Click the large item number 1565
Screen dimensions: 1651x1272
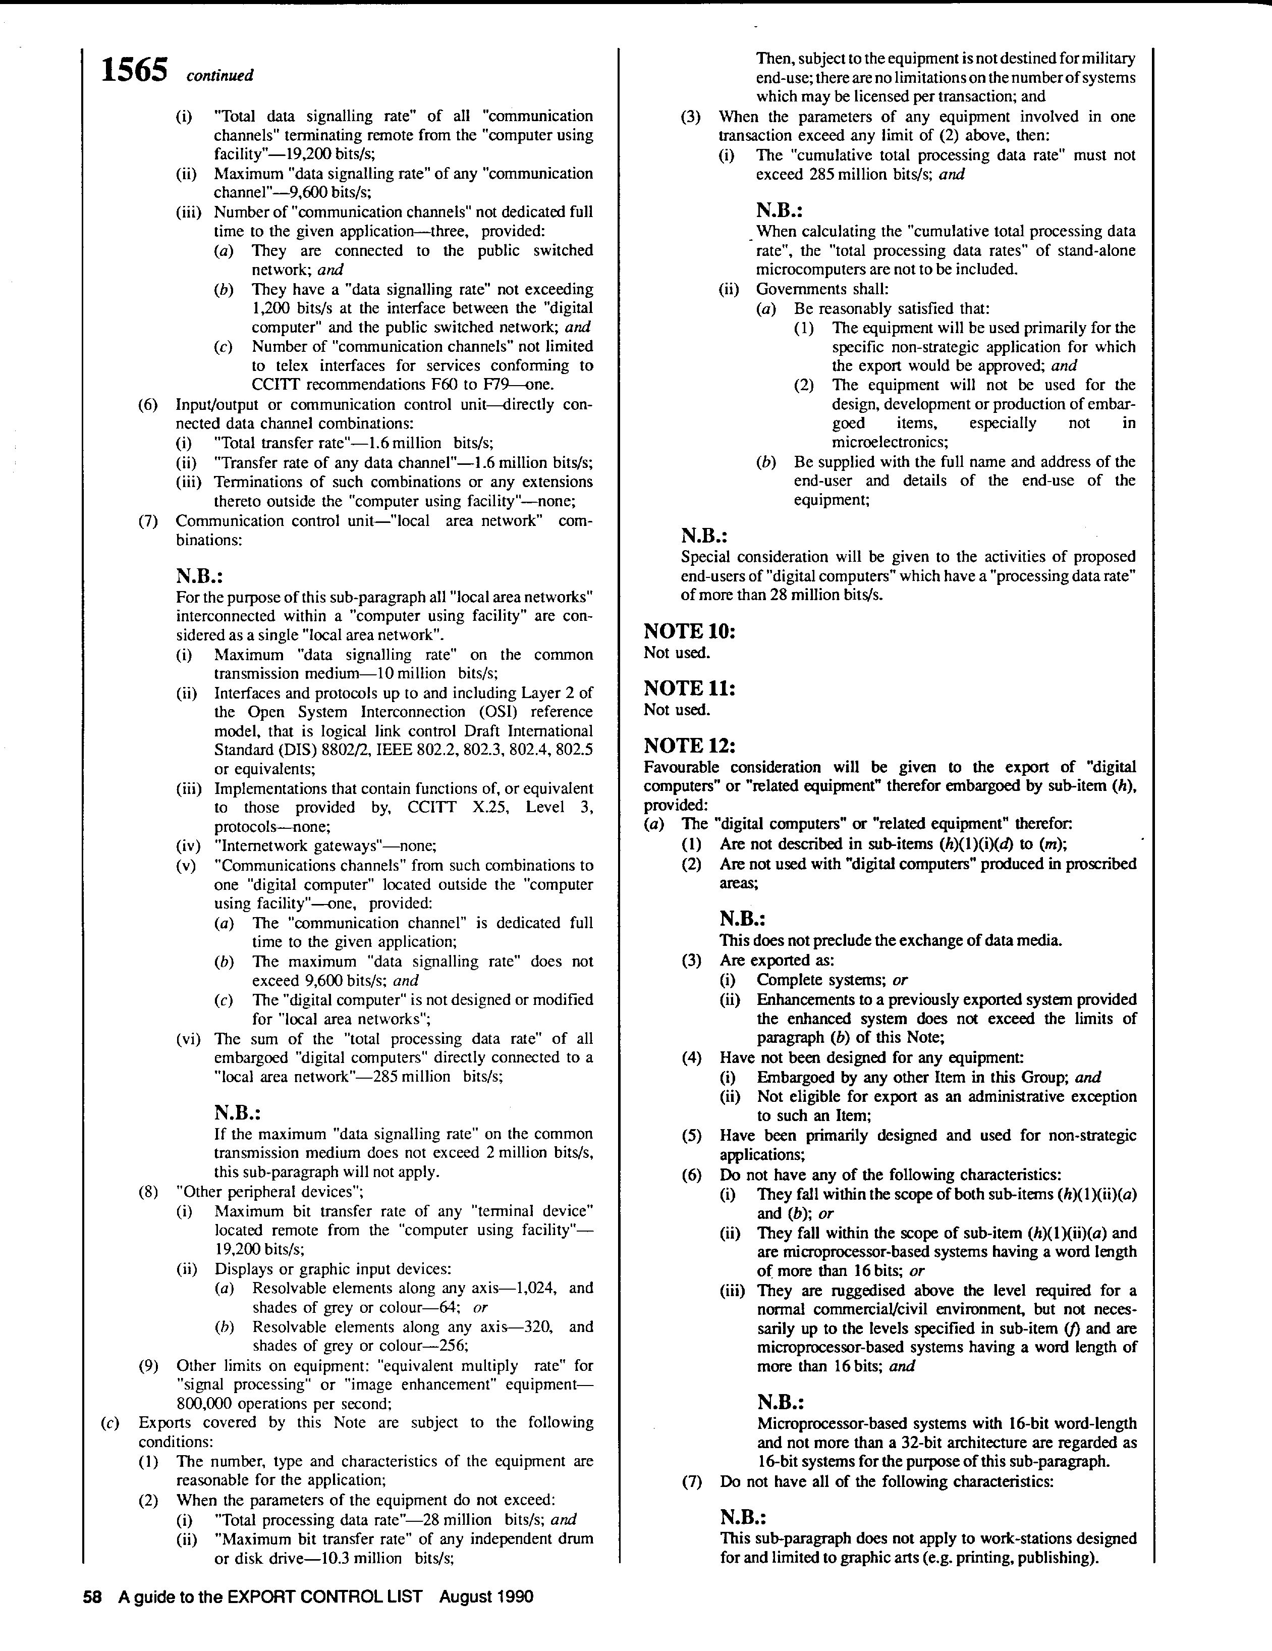click(135, 71)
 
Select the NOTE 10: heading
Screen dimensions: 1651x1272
click(689, 631)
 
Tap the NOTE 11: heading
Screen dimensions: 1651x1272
click(689, 688)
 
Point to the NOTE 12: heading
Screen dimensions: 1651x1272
click(689, 746)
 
